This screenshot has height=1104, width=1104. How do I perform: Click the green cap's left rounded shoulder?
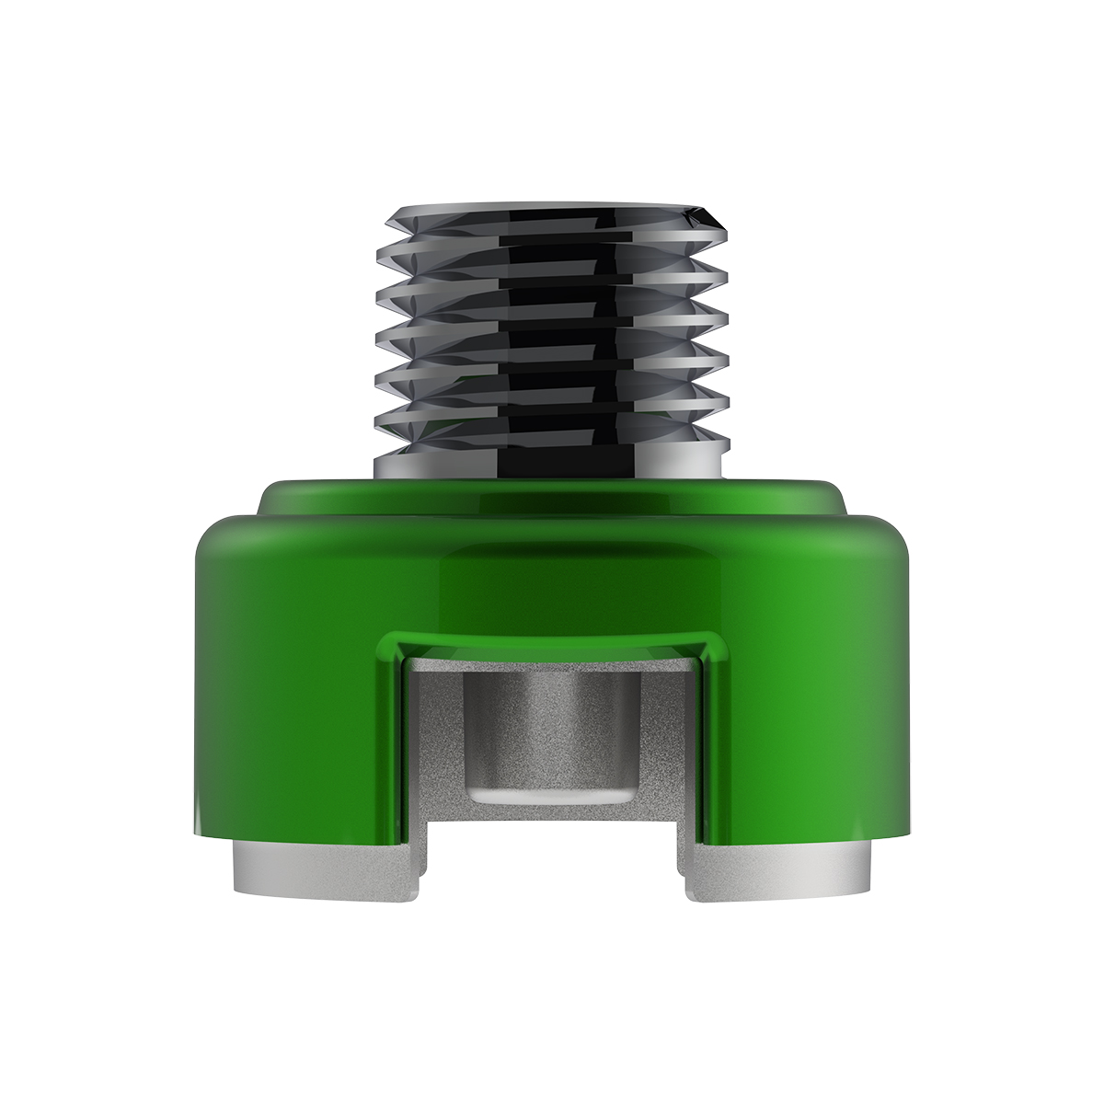click(221, 538)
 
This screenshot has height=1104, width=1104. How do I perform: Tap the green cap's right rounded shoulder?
click(883, 538)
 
